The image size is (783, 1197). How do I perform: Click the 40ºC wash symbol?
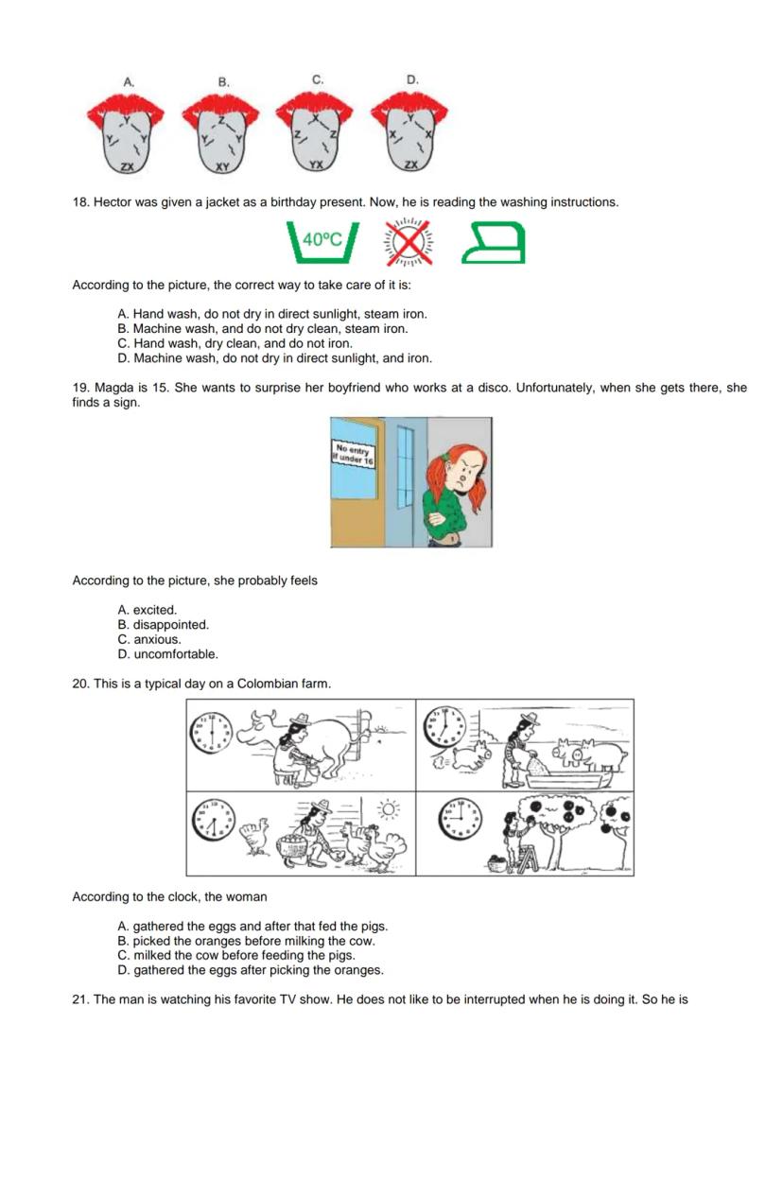pos(322,243)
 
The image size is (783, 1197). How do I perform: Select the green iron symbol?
pos(493,243)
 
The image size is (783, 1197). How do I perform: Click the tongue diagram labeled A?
pos(126,134)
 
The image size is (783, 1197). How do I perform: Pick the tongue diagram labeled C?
pos(315,134)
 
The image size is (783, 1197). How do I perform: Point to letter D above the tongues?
pos(412,80)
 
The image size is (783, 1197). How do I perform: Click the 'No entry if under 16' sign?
pos(353,455)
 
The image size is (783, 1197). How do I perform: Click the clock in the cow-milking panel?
pos(210,733)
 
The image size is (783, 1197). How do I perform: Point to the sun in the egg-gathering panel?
pos(388,810)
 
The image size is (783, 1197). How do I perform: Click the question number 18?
pos(80,202)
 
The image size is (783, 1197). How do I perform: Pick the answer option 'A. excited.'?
pos(148,610)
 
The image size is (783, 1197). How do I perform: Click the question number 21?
pos(80,999)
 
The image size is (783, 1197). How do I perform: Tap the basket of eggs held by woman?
pos(295,848)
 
